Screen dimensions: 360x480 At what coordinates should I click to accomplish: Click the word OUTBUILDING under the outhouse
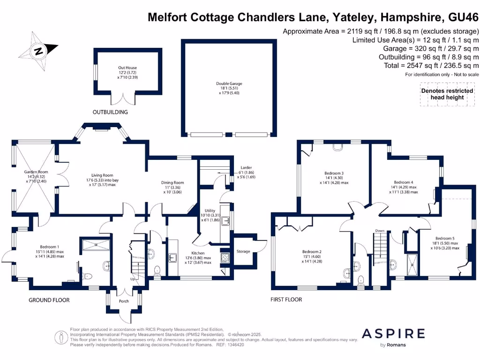click(110, 112)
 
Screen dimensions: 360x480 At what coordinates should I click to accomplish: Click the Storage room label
click(243, 252)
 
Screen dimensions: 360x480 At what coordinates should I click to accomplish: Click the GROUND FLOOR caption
click(49, 300)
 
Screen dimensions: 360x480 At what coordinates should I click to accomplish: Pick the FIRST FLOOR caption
click(286, 299)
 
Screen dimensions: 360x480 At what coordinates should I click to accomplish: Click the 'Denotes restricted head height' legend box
click(442, 94)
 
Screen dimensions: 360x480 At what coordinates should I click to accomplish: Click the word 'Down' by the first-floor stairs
click(380, 231)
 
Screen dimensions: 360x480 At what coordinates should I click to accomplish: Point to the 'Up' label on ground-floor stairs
click(133, 279)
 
